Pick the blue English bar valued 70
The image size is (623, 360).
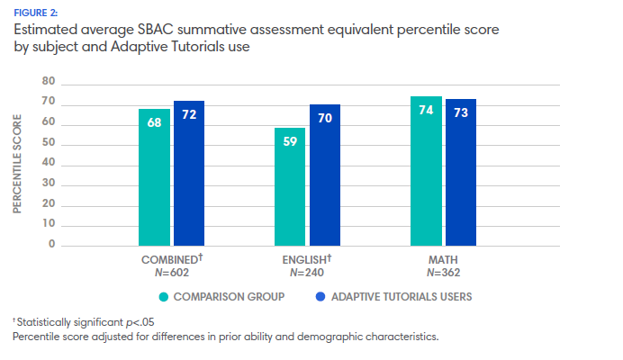point(325,175)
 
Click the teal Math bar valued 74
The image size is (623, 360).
point(426,170)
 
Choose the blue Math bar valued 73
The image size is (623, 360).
point(461,172)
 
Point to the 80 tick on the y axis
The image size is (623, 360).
point(49,82)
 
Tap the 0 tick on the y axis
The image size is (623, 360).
point(52,245)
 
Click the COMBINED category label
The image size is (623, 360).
point(167,259)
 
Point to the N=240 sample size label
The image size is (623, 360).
point(308,271)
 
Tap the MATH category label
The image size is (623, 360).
point(443,259)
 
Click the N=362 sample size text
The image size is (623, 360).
point(443,271)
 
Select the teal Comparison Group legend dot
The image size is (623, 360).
point(163,295)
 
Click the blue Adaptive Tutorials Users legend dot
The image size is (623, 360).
point(321,295)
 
